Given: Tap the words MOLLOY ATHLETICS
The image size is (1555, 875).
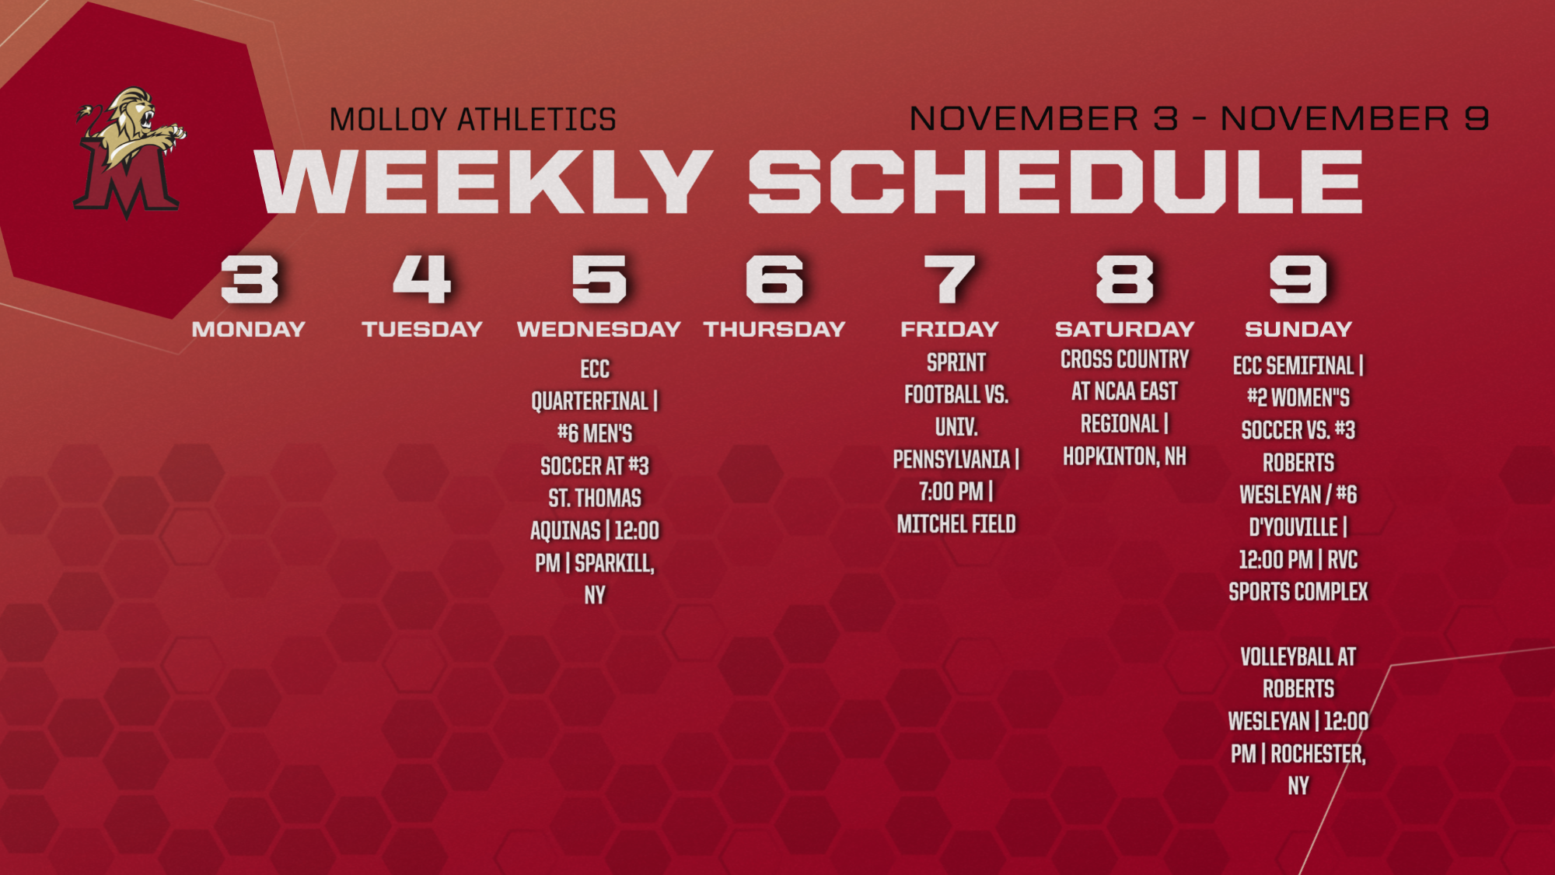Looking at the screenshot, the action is pos(473,120).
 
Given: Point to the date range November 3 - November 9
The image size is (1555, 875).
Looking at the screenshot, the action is pos(1199,118).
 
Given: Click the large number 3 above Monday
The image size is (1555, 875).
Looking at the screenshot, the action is pos(249,278).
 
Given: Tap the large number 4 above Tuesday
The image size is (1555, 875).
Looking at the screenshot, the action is pos(421,278).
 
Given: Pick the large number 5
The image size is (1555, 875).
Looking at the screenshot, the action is pos(599,278).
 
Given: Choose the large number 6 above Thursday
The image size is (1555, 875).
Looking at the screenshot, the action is pos(774,278).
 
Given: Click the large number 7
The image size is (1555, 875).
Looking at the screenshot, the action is pos(949,278).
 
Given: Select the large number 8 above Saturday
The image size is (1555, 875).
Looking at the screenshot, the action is pos(1124,278).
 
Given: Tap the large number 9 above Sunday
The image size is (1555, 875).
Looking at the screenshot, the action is pos(1298,278).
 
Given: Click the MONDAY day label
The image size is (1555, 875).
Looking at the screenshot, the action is pos(249,329).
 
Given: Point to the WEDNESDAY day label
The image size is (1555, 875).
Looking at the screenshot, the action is pos(599,329).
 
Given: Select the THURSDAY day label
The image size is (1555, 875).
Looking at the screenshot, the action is pos(774,329).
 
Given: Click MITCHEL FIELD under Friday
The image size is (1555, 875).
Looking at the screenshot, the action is pos(956,524).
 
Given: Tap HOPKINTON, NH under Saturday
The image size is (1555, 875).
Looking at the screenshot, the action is pos(1125,457).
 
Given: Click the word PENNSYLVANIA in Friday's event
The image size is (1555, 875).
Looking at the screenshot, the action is pos(951,460).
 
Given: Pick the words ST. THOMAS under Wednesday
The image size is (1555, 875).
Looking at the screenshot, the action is pos(595,498).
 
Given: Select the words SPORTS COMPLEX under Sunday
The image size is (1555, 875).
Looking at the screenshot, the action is pos(1298,592).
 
